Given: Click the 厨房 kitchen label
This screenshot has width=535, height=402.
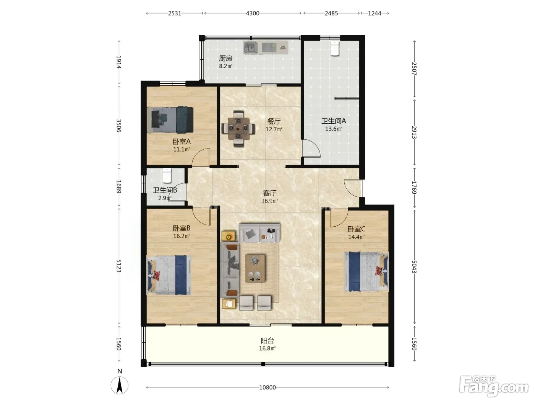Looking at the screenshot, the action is coord(225,59).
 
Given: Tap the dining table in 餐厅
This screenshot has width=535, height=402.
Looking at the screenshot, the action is coord(238,128).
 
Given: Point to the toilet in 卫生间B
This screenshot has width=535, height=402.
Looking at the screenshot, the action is coord(167,175).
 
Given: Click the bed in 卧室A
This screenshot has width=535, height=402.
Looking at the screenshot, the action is coord(170,119).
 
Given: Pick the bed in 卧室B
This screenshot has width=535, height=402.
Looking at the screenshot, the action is coord(169,275).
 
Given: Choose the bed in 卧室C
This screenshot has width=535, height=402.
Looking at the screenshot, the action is coord(366,272).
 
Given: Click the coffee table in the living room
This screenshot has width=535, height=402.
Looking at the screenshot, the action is coord(255,268).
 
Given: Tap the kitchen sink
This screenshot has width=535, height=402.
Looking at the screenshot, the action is coord(251,47).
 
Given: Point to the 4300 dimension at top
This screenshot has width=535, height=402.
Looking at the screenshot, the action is coord(253,13).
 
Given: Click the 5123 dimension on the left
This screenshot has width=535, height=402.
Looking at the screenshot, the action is coord(119,266).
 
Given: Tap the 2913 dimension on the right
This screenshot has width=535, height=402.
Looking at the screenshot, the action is coord(414,132).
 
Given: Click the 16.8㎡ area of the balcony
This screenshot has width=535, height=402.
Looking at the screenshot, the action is coord(267,348).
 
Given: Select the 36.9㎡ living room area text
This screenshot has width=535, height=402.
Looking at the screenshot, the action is coord(269,201).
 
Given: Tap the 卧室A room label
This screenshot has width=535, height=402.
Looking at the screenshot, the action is coord(182,142).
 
